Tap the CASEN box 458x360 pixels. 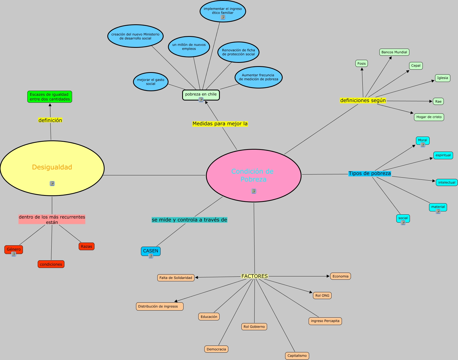pos(150,251)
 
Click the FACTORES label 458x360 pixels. pos(255,276)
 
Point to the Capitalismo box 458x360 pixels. pos(297,356)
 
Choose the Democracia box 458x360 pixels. pos(216,349)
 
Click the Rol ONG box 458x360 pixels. pos(322,296)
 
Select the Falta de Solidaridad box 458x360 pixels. pos(176,278)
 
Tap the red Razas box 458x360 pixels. pos(87,246)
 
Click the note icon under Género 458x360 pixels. pos(14,254)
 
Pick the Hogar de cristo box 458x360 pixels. pos(429,117)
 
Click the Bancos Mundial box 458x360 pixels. pos(394,52)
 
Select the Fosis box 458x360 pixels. pos(362,64)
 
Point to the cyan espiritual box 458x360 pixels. pos(443,155)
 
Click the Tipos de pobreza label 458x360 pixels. pos(370,173)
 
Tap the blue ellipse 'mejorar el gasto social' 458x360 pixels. pos(151,82)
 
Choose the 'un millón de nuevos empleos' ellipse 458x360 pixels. pos(189,47)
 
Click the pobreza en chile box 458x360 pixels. pos(201,94)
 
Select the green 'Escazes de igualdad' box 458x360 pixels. pos(50,97)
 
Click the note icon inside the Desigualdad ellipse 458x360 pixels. pos(52,184)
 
